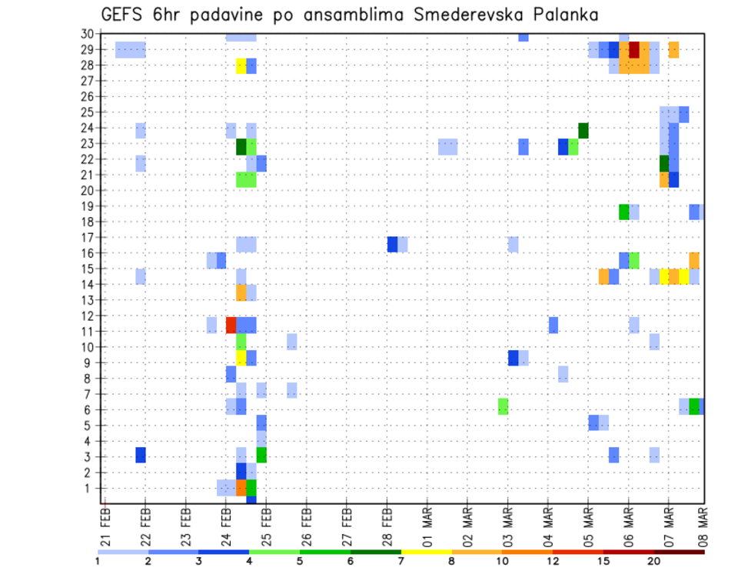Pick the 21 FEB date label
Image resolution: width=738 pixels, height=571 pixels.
(x=105, y=525)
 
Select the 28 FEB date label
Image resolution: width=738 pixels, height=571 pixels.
(x=387, y=525)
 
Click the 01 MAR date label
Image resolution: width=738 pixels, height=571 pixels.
(x=427, y=525)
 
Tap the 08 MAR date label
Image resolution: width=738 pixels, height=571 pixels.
(x=702, y=525)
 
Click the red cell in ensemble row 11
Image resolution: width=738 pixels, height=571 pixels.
(x=231, y=325)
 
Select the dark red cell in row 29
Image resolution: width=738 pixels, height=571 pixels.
(x=634, y=50)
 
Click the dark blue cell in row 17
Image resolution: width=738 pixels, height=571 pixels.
(x=392, y=244)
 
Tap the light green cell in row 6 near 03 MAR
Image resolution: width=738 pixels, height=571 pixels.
(x=503, y=406)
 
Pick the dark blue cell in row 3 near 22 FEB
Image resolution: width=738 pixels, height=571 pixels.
(x=141, y=455)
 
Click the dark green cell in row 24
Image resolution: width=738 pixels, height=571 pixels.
(x=583, y=130)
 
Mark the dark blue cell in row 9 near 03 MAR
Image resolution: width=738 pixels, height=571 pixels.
(x=513, y=358)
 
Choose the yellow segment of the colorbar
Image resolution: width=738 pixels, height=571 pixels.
(x=426, y=551)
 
